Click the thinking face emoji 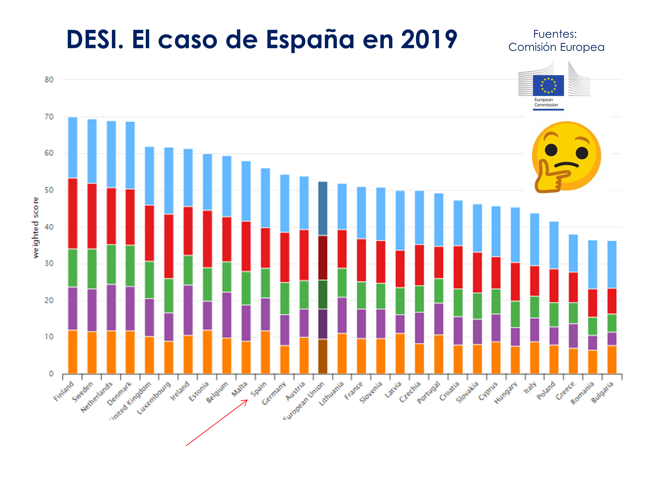tap(566, 157)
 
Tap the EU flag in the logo tap(548, 85)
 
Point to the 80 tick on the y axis tap(49, 80)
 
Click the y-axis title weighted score tap(35, 227)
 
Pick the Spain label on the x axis tap(259, 389)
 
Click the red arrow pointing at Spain tap(217, 422)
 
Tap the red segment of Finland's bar tap(73, 213)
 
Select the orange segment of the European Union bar tap(323, 357)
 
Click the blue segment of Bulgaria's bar tap(612, 264)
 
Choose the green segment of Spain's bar tap(265, 283)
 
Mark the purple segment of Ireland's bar tap(188, 310)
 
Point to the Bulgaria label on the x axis tap(602, 392)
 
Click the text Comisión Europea tap(556, 47)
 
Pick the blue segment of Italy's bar tap(534, 239)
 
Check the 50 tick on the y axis tap(49, 190)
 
